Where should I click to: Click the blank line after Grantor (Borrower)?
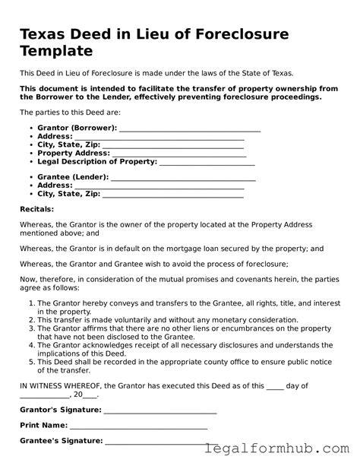[x=190, y=130]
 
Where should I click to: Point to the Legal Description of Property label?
[x=97, y=161]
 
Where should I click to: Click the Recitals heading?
[x=36, y=208]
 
